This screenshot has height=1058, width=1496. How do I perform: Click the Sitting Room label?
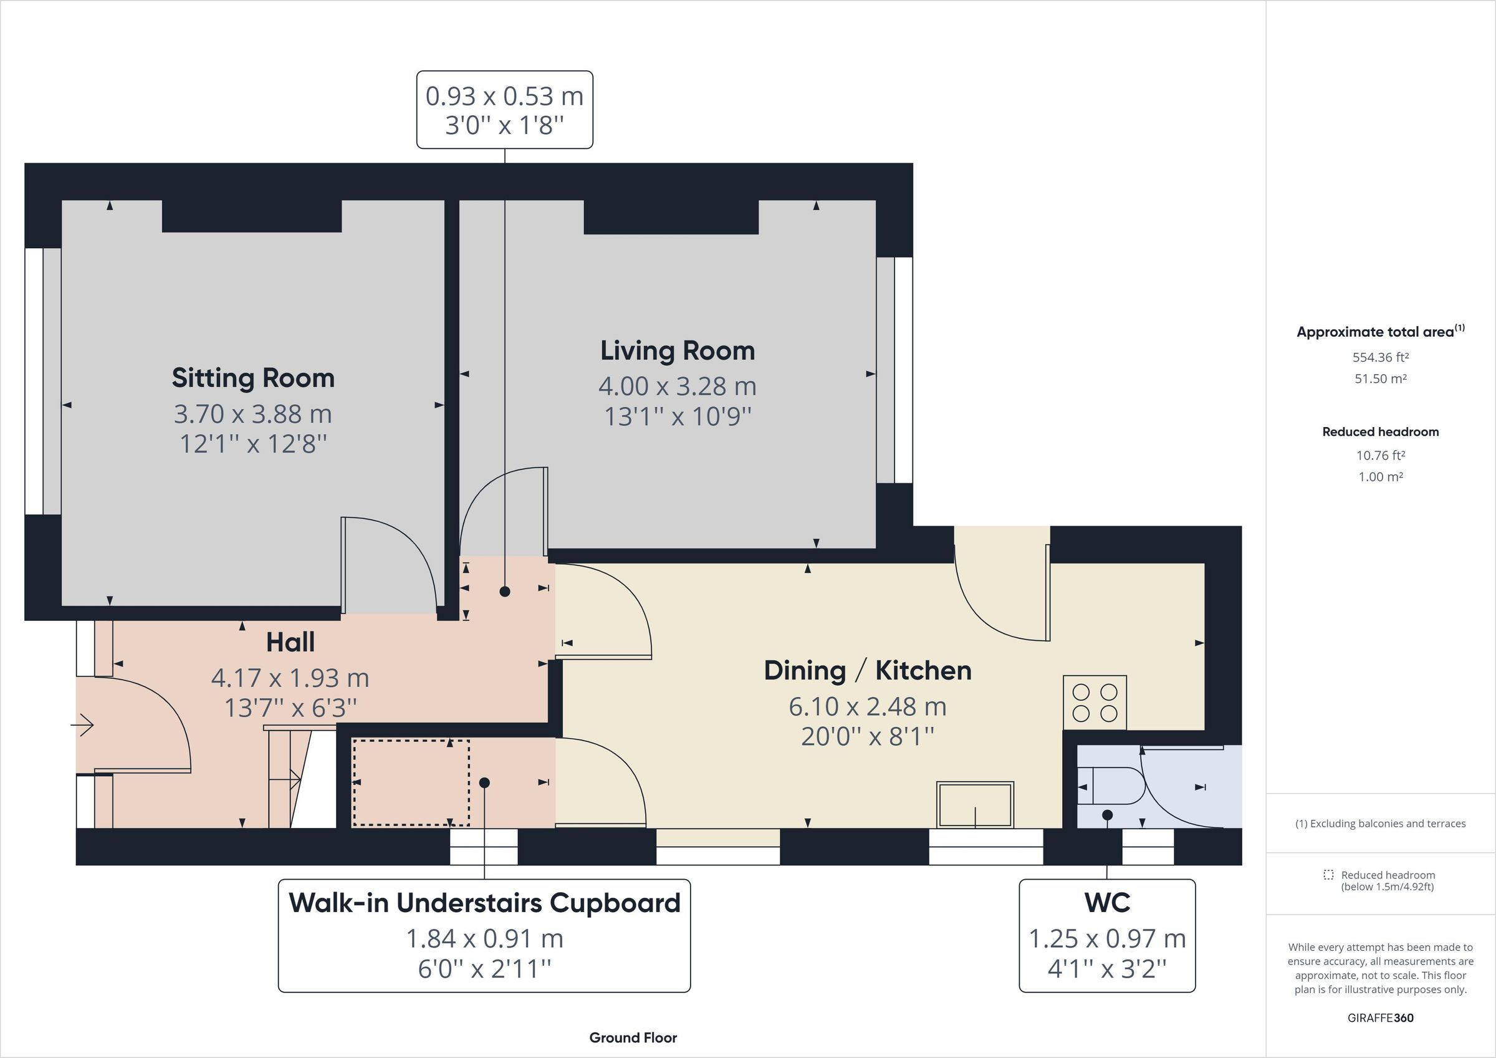(253, 378)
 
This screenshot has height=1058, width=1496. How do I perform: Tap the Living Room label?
(677, 351)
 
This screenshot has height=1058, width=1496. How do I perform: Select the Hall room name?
(290, 642)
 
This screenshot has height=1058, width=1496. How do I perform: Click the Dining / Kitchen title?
(867, 671)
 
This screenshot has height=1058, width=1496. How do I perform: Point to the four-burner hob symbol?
(1095, 703)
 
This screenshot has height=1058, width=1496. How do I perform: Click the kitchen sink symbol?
(975, 804)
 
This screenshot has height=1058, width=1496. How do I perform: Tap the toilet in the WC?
(1111, 786)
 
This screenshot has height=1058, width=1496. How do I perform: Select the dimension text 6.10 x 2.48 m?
(867, 706)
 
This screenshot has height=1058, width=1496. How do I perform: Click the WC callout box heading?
(1107, 903)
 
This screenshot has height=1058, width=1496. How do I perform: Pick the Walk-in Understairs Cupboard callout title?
(484, 903)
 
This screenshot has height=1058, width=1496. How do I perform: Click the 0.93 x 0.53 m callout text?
(504, 97)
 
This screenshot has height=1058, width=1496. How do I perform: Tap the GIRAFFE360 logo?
(1380, 1017)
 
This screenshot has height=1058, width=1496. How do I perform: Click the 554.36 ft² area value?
(1380, 357)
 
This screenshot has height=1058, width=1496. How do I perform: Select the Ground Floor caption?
(633, 1038)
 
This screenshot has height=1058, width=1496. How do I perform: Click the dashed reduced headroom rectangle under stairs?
(411, 782)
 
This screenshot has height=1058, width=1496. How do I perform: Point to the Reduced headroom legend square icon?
(1328, 875)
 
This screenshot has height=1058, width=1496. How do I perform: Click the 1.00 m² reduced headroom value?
(1380, 476)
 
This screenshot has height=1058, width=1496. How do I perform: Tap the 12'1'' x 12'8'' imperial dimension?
(253, 444)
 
